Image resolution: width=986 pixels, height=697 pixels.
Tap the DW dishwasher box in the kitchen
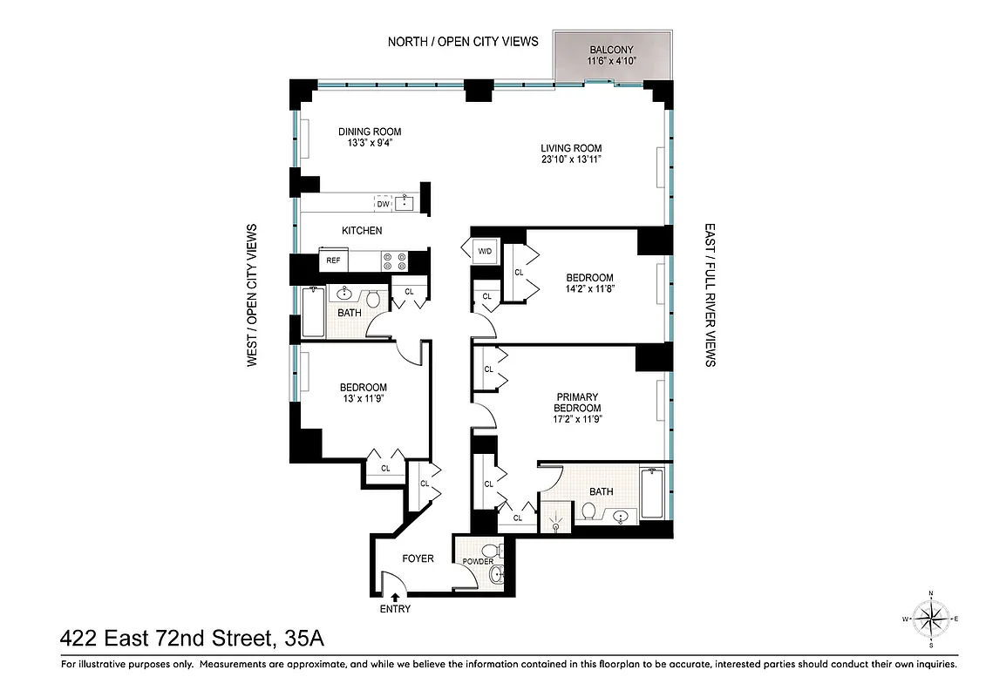point(383,204)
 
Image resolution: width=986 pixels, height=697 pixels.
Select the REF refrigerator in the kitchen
point(333,261)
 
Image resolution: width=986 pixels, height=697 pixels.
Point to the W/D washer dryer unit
point(484,252)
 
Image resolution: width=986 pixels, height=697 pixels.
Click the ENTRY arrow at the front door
point(395,598)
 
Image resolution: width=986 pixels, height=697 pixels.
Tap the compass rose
point(931,619)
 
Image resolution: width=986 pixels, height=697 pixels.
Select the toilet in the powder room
point(490,551)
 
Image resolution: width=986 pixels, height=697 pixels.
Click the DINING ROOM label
point(370,132)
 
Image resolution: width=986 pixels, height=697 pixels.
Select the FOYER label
point(418,558)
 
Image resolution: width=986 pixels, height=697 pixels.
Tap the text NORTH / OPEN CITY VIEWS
point(463,41)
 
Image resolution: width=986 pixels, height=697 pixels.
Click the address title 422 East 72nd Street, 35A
point(192,639)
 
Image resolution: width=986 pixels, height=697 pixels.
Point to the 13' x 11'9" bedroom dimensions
point(364,399)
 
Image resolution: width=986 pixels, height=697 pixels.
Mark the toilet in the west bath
point(373,299)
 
